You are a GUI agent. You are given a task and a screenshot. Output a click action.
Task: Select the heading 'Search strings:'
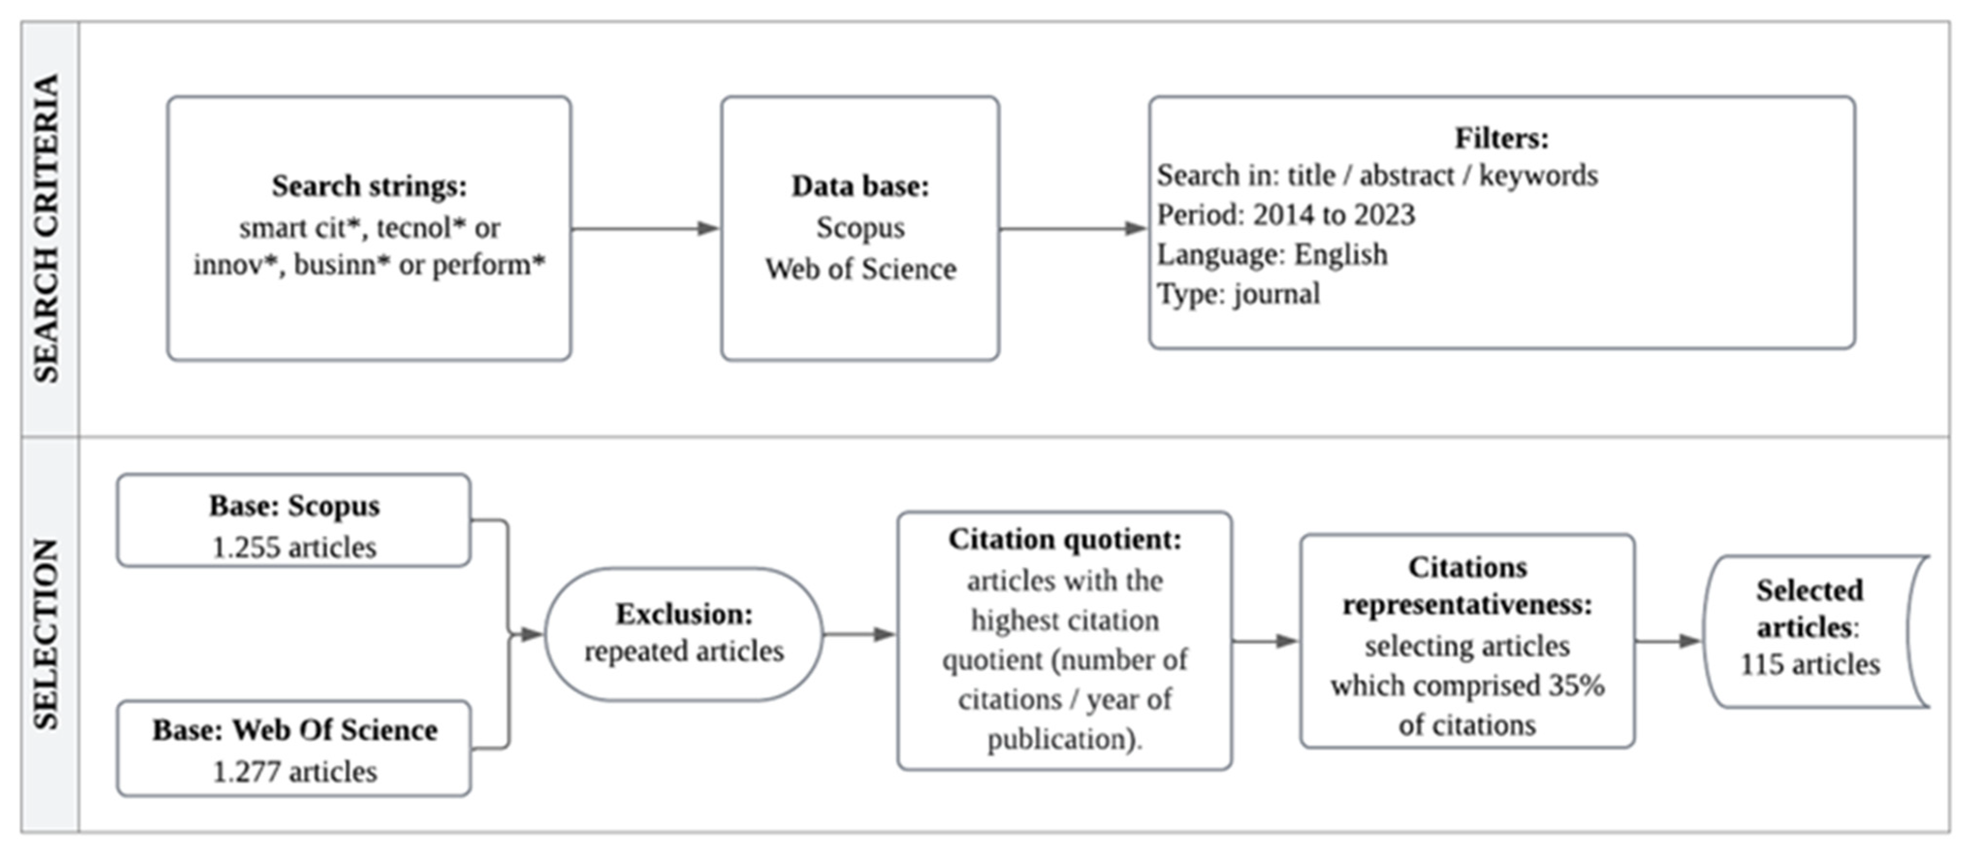[369, 186]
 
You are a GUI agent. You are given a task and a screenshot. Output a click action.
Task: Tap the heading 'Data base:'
[860, 186]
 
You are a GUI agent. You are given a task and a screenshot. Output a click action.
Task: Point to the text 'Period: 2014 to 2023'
[1286, 215]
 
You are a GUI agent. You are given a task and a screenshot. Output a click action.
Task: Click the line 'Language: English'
[1272, 254]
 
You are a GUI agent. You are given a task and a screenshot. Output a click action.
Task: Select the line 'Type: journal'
[1238, 294]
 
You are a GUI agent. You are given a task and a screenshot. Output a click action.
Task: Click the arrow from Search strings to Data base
[645, 228]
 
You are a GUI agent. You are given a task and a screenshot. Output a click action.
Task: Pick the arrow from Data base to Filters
[1072, 228]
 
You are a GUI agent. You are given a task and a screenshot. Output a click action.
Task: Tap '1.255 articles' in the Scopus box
[294, 548]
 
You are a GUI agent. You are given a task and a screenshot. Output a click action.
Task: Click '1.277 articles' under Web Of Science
[294, 772]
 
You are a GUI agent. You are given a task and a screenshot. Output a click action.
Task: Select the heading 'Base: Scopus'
[294, 506]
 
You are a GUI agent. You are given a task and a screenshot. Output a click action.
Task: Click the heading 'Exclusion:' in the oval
[684, 613]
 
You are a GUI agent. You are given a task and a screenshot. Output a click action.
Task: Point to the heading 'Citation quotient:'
[1065, 539]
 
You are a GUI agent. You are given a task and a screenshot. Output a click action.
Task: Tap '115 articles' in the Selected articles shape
[1809, 664]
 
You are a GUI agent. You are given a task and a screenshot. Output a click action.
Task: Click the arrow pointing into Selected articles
[1668, 641]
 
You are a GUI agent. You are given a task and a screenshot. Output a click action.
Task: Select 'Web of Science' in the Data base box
[860, 269]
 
